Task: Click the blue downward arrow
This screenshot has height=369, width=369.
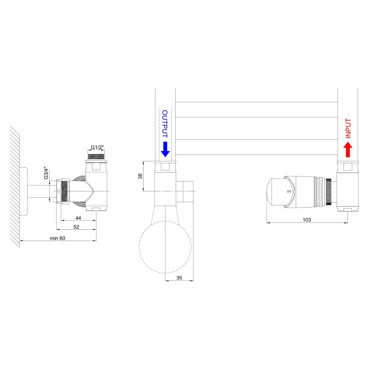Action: point(165,149)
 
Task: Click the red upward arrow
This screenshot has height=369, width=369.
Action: point(347,149)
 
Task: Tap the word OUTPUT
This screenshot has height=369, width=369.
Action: point(165,123)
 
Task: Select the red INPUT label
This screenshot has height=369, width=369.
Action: point(348,128)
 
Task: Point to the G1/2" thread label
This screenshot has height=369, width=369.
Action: point(97,147)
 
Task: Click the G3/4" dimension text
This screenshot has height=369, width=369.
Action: point(46,174)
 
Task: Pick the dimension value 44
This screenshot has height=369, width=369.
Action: point(78,218)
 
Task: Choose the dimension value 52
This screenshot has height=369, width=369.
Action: point(76,227)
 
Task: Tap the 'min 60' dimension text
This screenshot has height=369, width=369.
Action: point(58,238)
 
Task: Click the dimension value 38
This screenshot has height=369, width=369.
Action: point(140,176)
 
